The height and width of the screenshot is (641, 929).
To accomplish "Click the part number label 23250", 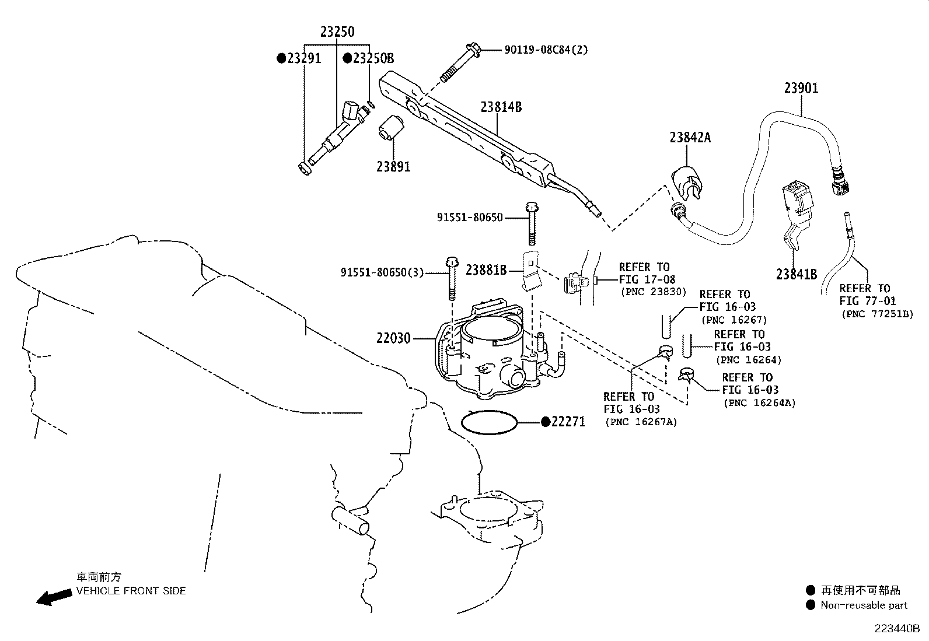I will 337,32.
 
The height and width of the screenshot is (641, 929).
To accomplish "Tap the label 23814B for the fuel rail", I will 501,107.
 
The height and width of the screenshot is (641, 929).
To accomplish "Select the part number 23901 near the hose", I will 801,88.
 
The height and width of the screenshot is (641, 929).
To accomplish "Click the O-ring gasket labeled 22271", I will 490,422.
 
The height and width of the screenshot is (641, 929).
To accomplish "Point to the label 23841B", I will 796,274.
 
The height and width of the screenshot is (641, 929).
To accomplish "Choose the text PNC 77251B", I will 877,314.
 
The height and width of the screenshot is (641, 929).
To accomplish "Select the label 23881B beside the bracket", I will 486,269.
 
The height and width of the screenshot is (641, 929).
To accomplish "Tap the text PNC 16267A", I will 641,422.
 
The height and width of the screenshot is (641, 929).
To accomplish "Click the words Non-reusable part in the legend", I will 864,605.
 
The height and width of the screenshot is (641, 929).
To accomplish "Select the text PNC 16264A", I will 759,402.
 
